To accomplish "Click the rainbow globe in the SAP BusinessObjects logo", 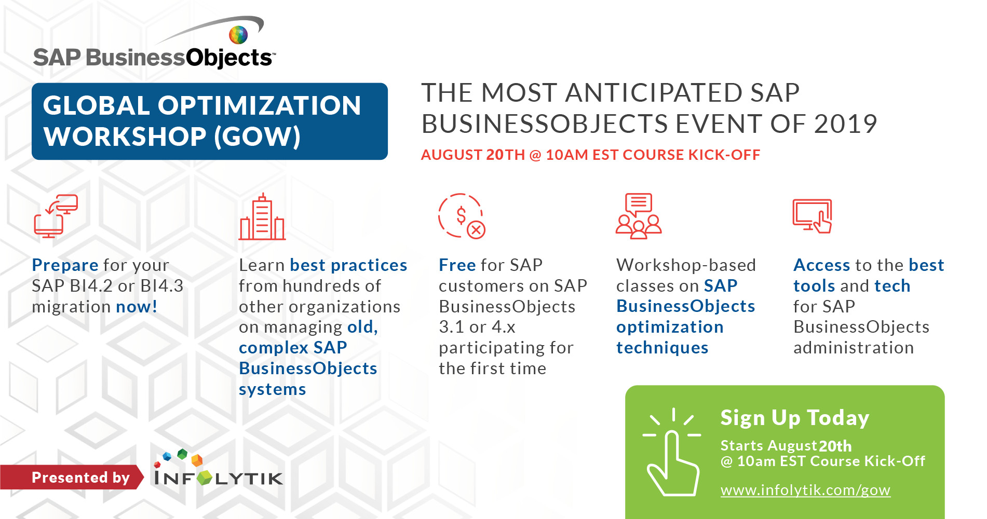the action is coord(238,35).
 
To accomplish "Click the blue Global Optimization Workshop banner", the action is coord(210,121).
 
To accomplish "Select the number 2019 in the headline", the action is coord(845,124).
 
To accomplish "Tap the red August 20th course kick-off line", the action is coord(590,155).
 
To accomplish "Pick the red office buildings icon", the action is coord(262,217).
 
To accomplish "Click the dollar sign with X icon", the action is coord(462,216).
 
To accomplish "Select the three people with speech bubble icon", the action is coord(639,216).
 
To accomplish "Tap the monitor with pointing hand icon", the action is coord(813,216).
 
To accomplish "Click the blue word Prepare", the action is coord(65,265).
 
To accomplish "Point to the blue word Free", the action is coord(457,265).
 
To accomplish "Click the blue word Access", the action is coord(822,265).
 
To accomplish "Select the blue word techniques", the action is coord(662,348).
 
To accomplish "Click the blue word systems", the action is coord(273,390).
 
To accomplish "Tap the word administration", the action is coord(854,348).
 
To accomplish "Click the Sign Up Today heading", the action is coord(795,418).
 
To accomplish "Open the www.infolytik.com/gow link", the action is coord(805,490).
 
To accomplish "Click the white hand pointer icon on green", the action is coord(672,452).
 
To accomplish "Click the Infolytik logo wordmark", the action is coord(219,470).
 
